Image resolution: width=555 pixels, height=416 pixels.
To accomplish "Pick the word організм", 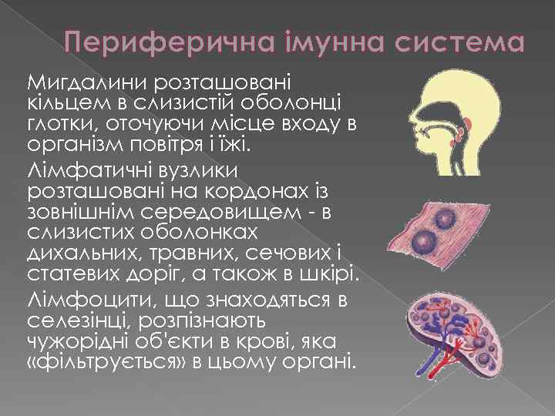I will [x=69, y=146].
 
